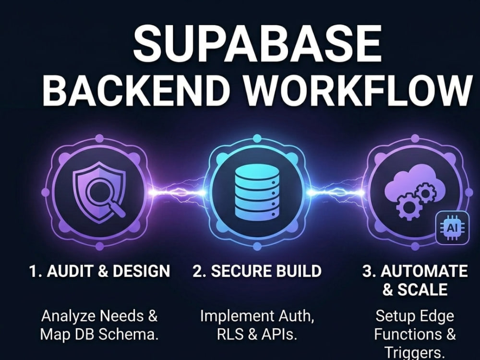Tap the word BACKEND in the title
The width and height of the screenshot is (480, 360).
pos(136,89)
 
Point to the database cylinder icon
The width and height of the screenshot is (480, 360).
pos(257,192)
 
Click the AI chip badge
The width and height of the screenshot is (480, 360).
pos(452,228)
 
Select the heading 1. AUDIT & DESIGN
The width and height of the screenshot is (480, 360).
pos(99,271)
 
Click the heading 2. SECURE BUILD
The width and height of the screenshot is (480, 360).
pos(257,271)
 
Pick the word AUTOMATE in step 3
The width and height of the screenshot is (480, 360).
pos(424,271)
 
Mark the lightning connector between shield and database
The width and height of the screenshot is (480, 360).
pos(178,192)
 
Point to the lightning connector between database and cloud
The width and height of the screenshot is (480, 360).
pos(336,192)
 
